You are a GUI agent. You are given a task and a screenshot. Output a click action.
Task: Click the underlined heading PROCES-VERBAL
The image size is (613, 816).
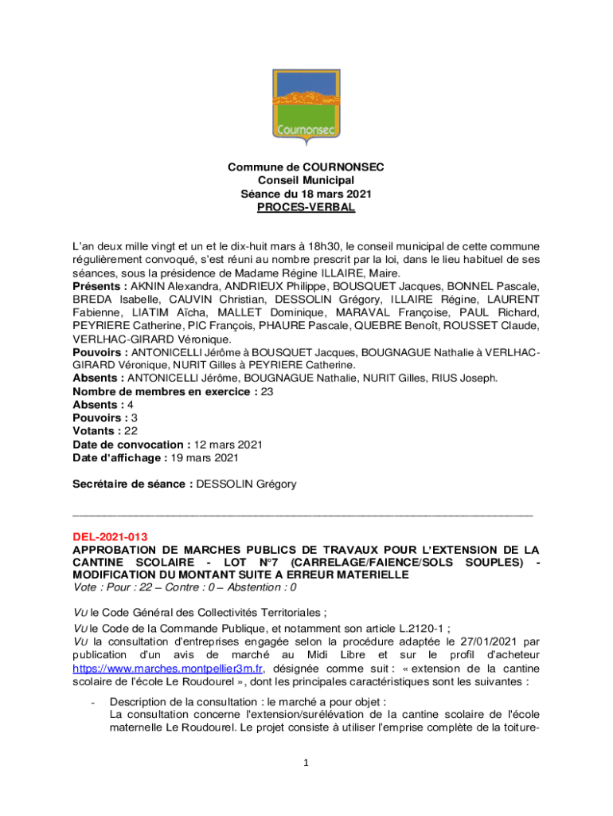coord(306,207)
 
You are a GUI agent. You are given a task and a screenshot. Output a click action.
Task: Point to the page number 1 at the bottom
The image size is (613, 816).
coord(306,763)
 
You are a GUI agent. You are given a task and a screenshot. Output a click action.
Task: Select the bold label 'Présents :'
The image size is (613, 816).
coord(100,285)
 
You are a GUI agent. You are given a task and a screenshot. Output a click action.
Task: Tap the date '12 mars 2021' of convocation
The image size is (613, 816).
coord(228,444)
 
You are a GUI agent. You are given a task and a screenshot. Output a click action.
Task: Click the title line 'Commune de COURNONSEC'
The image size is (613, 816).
coord(306,167)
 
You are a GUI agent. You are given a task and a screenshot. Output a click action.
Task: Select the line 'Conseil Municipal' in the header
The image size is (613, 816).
coord(306,181)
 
